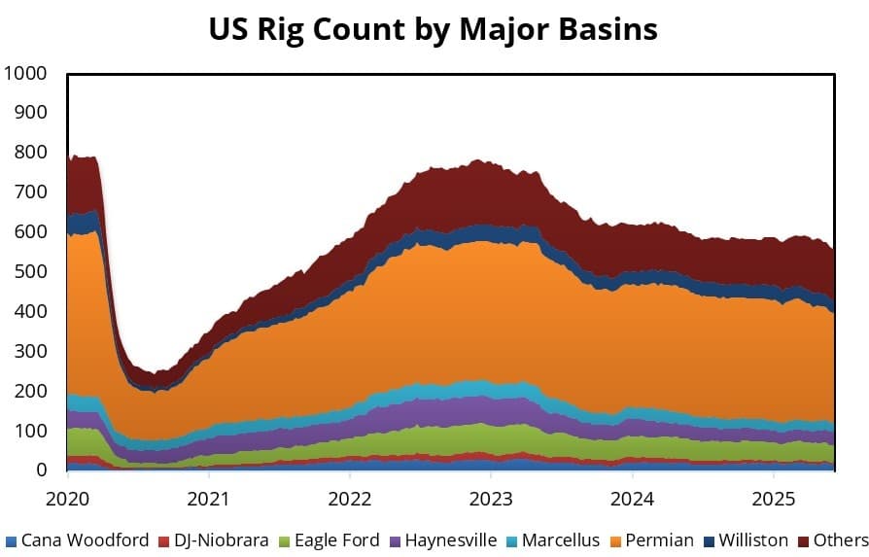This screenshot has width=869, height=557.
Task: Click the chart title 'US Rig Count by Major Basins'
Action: click(434, 28)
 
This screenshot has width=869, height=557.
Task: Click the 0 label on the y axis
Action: click(40, 470)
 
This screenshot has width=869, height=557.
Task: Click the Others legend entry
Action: click(840, 540)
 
